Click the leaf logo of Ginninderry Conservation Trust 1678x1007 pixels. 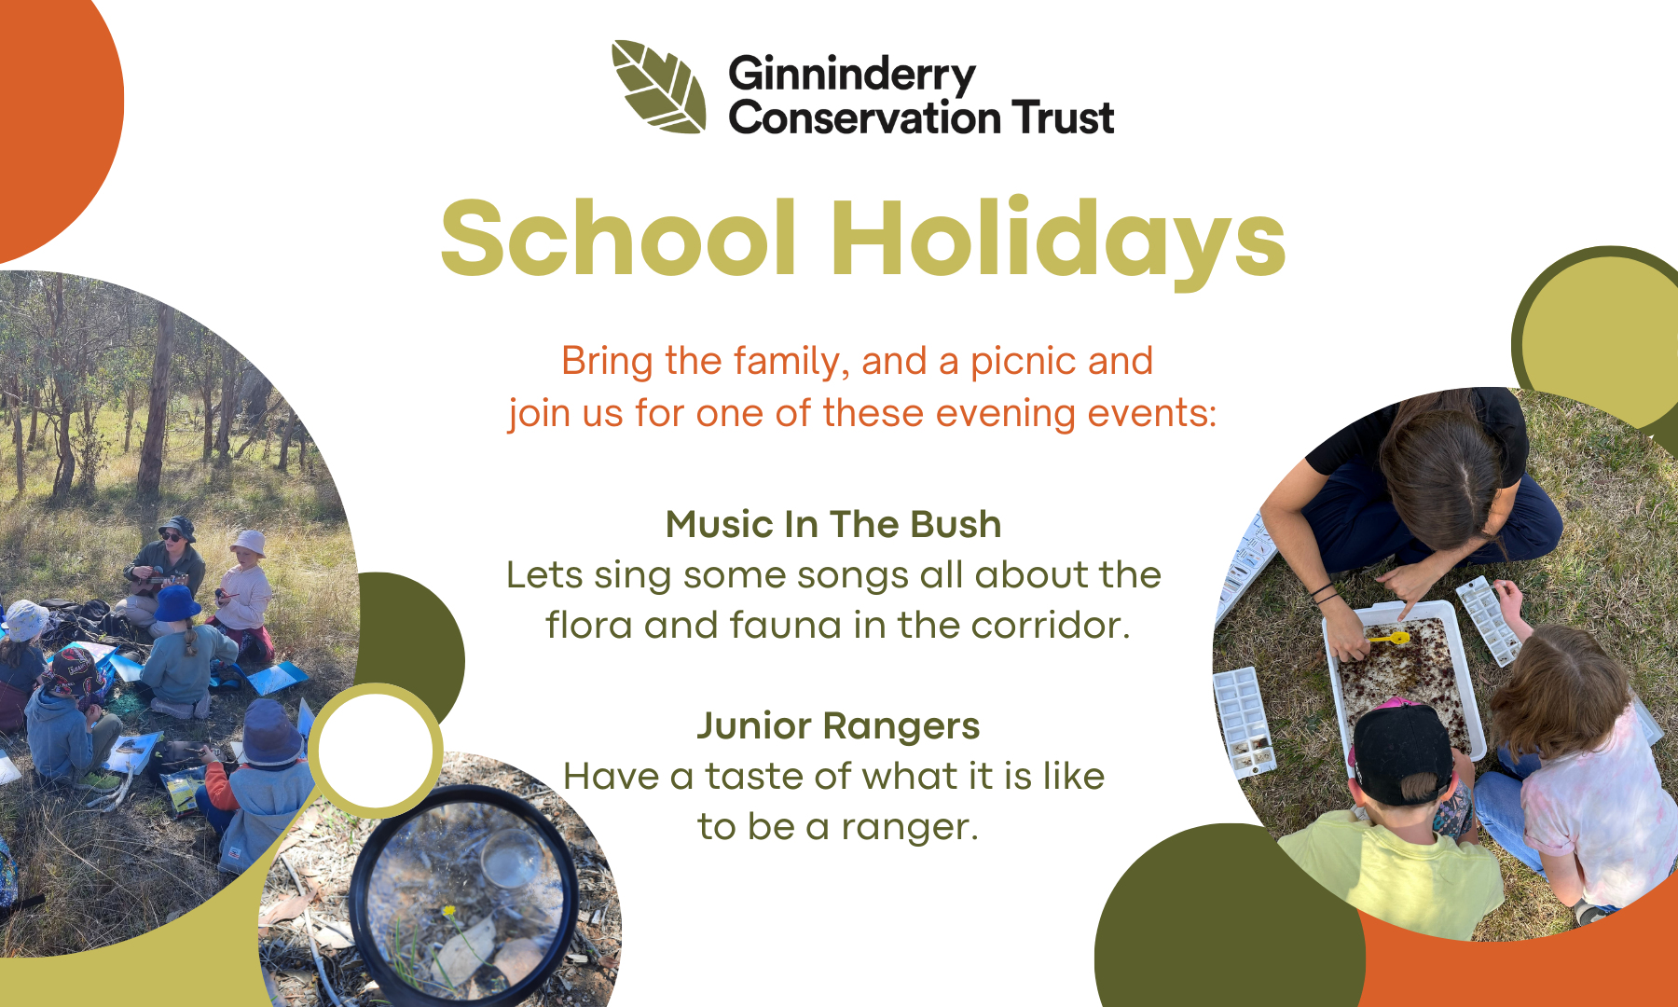coord(659,86)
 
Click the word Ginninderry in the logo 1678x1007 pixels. coord(852,76)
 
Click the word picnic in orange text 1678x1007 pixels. coord(1024,362)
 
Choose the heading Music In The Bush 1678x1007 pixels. coord(833,524)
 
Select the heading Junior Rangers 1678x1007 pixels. coord(838,726)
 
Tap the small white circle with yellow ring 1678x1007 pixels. coord(376,751)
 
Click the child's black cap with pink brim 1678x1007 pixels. coord(1401,750)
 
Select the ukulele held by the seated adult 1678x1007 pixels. coord(157,584)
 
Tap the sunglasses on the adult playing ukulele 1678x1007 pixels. coord(172,537)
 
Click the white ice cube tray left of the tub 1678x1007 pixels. coord(1244,722)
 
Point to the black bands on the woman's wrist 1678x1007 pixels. coord(1324,591)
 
